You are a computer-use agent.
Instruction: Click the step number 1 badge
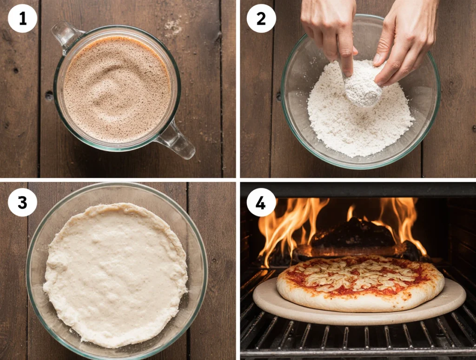[22, 19]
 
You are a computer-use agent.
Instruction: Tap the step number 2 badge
[261, 19]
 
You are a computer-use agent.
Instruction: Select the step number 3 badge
[22, 202]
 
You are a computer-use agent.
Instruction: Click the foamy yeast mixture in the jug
[117, 89]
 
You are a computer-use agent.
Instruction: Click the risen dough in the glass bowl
[115, 275]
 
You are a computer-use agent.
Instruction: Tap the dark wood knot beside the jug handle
[48, 96]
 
